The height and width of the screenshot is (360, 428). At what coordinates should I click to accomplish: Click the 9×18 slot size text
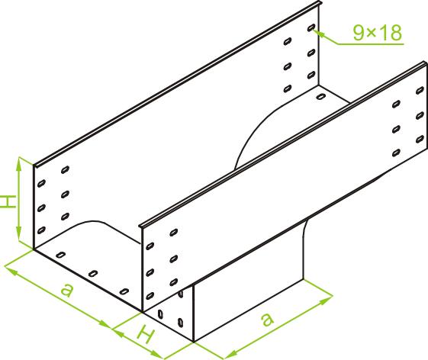(378, 33)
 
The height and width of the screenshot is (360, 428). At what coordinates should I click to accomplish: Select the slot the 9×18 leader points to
(311, 27)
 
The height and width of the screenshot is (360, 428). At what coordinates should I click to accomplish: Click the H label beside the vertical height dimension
(8, 201)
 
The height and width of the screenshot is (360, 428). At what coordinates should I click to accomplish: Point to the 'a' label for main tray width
(67, 290)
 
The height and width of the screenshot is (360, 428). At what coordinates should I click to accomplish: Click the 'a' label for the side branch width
(267, 319)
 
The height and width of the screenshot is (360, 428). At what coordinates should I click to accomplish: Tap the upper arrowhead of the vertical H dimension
(19, 164)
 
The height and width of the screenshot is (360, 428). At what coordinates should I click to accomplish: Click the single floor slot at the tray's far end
(321, 97)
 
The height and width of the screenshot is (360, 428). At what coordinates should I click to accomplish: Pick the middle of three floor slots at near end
(93, 273)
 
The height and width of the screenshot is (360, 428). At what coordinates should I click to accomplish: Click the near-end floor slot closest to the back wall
(60, 255)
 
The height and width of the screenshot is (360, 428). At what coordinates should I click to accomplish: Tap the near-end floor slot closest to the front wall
(124, 291)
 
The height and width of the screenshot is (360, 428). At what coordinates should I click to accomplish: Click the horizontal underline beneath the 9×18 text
(371, 43)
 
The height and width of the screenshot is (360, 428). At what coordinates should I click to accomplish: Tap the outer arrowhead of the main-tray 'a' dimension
(11, 271)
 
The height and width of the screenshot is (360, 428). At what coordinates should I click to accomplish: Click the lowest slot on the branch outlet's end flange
(180, 323)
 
